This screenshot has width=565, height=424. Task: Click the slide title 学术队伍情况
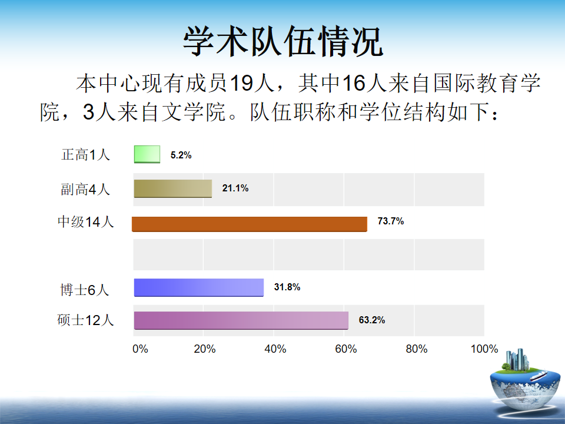(x=283, y=41)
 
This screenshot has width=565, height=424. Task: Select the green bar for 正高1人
(x=147, y=154)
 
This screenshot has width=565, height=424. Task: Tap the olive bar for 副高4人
(x=173, y=188)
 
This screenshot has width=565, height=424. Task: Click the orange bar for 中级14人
(x=250, y=224)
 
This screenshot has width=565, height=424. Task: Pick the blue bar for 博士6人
(x=199, y=287)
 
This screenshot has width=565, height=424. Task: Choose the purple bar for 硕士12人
(x=241, y=320)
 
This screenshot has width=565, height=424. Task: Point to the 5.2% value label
(x=181, y=155)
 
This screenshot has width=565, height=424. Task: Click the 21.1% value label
(x=235, y=188)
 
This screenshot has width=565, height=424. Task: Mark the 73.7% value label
(x=391, y=221)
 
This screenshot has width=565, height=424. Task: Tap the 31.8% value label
(x=287, y=287)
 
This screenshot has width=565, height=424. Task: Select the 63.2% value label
(x=372, y=320)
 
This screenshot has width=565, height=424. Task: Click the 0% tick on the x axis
(x=140, y=349)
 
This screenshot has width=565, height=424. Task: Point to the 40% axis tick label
(x=275, y=349)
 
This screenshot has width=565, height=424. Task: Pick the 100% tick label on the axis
(x=484, y=349)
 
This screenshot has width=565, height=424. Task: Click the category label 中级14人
(x=86, y=222)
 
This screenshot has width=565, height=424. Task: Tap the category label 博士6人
(x=85, y=290)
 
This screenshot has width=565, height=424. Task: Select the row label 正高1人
(x=86, y=155)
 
